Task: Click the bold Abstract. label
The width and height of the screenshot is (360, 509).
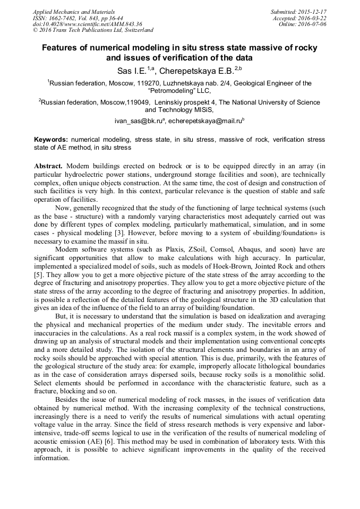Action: click(48, 166)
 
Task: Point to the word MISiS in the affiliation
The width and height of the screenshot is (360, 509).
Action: click(201, 110)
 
